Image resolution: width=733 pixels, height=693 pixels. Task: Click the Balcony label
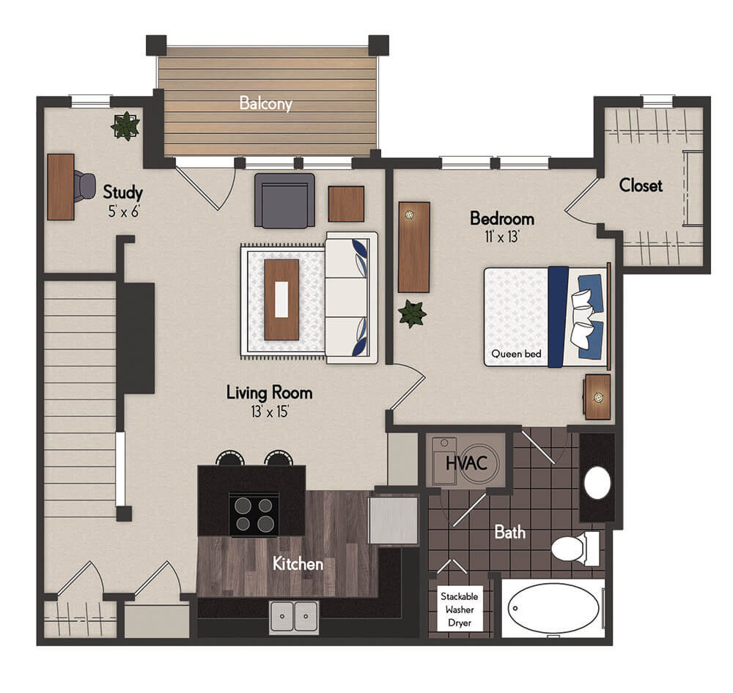[x=265, y=103]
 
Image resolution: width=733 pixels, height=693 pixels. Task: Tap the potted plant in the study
[x=125, y=126]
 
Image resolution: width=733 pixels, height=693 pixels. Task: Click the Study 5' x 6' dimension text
[x=124, y=212]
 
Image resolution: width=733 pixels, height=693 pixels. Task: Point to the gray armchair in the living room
[x=284, y=201]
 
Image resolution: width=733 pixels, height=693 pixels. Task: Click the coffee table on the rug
[x=281, y=300]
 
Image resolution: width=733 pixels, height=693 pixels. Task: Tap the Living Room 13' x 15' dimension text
[x=270, y=411]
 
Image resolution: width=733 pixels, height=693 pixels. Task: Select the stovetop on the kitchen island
[x=254, y=514]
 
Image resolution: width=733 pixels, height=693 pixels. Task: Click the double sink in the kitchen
[x=294, y=617]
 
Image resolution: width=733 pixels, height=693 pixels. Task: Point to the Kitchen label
[x=298, y=564]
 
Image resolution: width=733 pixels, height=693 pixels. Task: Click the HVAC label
[x=466, y=464]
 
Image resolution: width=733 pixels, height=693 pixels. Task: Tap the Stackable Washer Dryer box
[x=460, y=609]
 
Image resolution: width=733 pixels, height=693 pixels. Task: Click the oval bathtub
[x=553, y=608]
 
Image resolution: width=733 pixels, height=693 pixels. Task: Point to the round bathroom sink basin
[x=597, y=483]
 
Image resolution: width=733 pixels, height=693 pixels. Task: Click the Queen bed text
[x=516, y=354]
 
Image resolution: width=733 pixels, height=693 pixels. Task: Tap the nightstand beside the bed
[x=597, y=396]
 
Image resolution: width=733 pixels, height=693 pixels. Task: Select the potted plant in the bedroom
[x=412, y=314]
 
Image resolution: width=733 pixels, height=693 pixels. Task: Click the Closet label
[x=641, y=185]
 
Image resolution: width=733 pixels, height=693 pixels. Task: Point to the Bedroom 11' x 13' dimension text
[x=502, y=237]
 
